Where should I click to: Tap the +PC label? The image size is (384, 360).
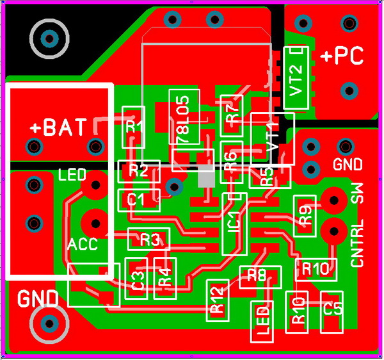[x=342, y=56]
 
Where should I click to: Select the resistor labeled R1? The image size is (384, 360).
[x=134, y=126]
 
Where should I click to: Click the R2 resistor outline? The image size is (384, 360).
[x=138, y=170]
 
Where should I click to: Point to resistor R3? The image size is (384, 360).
[x=148, y=240]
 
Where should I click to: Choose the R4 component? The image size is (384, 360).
[x=164, y=277]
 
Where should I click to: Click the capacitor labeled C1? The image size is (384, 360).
[x=136, y=199]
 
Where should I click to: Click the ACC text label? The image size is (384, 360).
[x=83, y=244]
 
